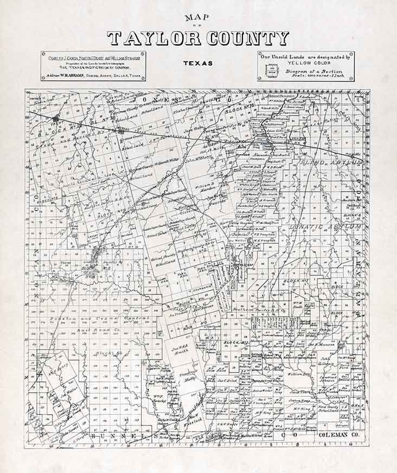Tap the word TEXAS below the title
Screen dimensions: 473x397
(x=197, y=62)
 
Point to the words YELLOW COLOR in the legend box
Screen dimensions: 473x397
(x=306, y=62)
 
